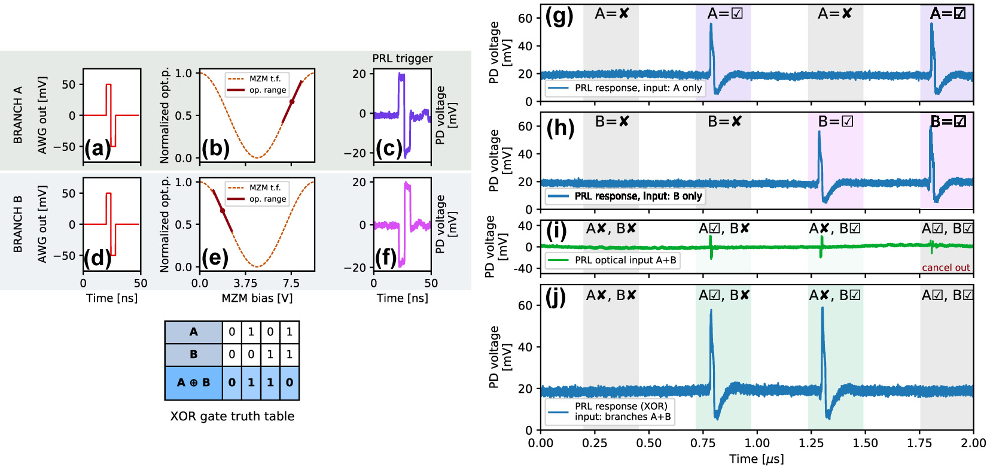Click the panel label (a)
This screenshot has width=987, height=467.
(98, 148)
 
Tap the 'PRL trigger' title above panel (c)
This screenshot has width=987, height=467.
(402, 58)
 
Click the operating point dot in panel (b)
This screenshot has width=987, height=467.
(292, 102)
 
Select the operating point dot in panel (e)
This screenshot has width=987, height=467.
(223, 211)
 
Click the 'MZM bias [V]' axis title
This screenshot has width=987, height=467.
(257, 298)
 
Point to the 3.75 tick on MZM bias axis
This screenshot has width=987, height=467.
(245, 283)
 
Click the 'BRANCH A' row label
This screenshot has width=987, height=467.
(18, 115)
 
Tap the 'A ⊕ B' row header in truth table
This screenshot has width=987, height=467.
(193, 383)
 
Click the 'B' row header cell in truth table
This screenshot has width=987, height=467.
(193, 354)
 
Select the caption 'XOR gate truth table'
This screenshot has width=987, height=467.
(232, 416)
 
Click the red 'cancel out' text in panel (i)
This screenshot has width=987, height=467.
(946, 268)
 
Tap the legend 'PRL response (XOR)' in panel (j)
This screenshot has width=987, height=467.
(621, 406)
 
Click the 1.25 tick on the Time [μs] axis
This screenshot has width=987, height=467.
(811, 443)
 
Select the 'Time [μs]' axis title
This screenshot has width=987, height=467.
(756, 459)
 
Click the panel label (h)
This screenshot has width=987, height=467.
(560, 128)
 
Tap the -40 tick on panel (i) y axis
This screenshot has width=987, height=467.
(525, 269)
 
